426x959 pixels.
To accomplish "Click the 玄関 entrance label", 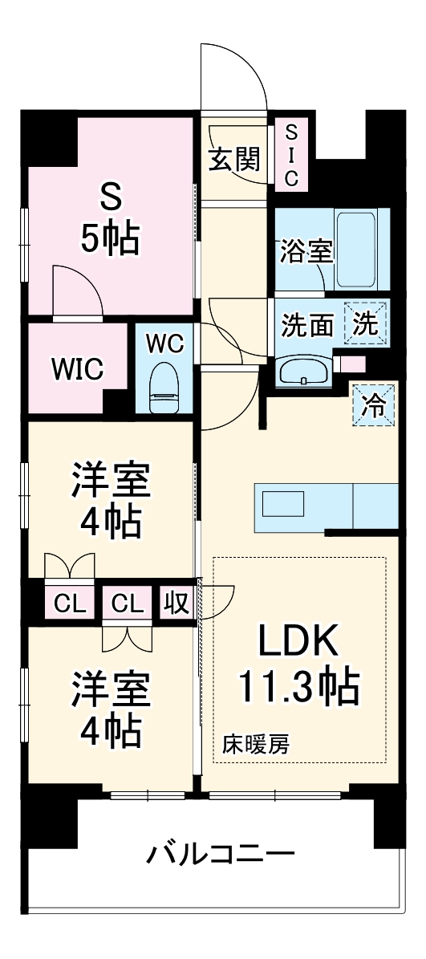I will [236, 161].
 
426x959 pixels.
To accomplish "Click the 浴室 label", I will [306, 251].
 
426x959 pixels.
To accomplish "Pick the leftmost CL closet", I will [70, 603].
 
